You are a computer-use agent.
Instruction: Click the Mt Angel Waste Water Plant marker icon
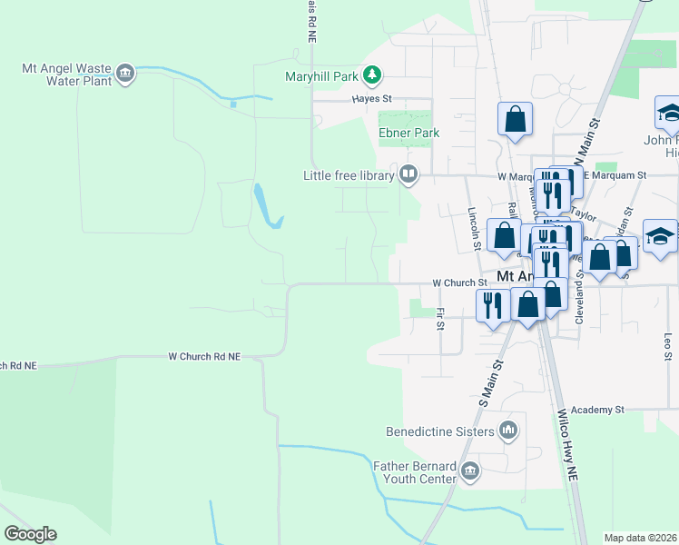[126, 74]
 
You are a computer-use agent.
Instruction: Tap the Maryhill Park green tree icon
[371, 74]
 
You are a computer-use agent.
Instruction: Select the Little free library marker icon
[408, 174]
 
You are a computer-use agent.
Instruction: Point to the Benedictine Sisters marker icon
[508, 431]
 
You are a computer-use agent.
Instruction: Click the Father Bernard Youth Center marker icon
[470, 471]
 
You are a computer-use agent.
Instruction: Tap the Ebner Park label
[408, 133]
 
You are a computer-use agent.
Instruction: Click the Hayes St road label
[372, 98]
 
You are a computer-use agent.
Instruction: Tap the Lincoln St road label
[474, 227]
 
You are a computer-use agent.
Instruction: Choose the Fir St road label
[440, 318]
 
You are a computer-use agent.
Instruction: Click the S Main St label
[489, 381]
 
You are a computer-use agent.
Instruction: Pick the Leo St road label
[667, 343]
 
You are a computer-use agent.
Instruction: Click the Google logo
[30, 534]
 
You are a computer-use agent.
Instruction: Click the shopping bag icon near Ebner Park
[515, 119]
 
